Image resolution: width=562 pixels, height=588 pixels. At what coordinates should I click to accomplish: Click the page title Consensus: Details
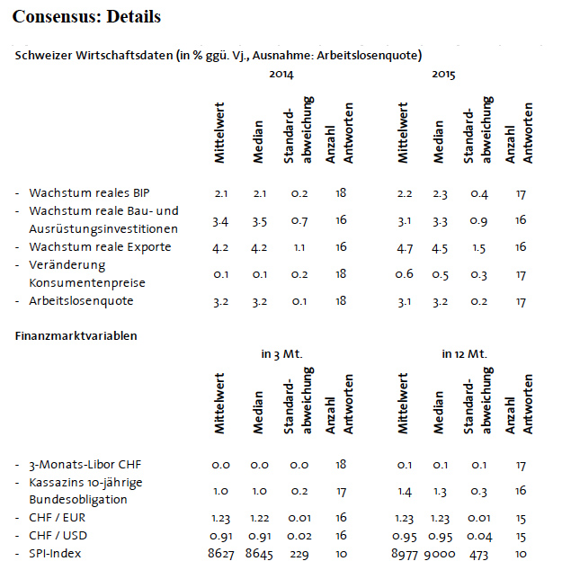(x=86, y=17)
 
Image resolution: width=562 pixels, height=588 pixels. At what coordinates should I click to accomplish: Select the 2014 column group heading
(x=281, y=75)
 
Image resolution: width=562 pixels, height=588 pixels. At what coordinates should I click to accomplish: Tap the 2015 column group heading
(x=443, y=75)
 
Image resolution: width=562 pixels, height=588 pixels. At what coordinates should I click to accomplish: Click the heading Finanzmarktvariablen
(x=76, y=335)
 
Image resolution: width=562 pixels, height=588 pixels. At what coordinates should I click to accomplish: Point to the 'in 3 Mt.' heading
(x=281, y=354)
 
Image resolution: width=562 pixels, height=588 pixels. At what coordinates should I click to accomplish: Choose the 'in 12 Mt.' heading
(x=464, y=354)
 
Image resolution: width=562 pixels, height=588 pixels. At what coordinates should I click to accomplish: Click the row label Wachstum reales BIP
(x=89, y=192)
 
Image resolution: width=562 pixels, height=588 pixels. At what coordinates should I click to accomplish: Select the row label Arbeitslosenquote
(x=81, y=301)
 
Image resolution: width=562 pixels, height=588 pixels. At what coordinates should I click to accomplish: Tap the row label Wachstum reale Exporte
(x=100, y=246)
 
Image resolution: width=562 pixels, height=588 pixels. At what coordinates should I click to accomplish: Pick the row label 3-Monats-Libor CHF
(x=85, y=465)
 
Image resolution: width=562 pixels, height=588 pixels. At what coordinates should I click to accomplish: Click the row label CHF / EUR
(x=57, y=518)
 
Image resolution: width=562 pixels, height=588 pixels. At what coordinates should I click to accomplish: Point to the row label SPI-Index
(x=55, y=554)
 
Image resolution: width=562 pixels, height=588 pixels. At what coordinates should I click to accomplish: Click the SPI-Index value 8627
(x=221, y=554)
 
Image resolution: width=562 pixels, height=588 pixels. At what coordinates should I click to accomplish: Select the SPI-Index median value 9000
(x=440, y=554)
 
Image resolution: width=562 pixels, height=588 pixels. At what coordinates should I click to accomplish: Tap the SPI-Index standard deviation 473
(x=478, y=555)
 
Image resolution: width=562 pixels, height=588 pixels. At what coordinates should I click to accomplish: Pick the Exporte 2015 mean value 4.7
(x=405, y=248)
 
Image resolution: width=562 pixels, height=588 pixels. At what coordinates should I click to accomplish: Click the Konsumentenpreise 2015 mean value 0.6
(x=404, y=274)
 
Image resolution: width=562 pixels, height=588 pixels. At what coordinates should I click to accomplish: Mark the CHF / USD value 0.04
(x=479, y=537)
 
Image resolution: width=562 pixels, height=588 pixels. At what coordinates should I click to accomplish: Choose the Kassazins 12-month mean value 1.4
(x=405, y=491)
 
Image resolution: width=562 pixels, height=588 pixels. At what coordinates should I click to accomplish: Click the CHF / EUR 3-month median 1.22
(x=260, y=518)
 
